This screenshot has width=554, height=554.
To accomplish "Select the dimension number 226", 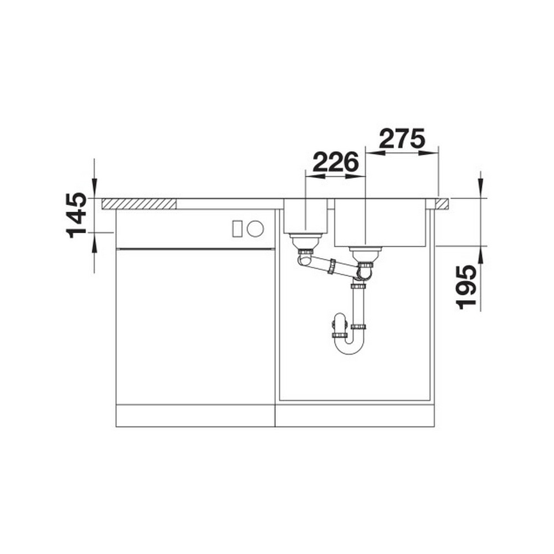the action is pos(336,162).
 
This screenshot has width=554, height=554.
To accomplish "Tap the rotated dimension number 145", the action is pos(76,215).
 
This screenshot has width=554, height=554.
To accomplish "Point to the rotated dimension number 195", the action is pos(466,287).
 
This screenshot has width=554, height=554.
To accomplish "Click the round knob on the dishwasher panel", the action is pos(255,228).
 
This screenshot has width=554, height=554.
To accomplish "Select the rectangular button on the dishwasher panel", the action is pos(237,228).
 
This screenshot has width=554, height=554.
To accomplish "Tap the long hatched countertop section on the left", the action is pos(139,204).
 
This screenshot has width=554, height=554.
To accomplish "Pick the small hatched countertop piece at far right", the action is pos(442,204).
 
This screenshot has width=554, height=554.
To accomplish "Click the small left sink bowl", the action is pos(306,216).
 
